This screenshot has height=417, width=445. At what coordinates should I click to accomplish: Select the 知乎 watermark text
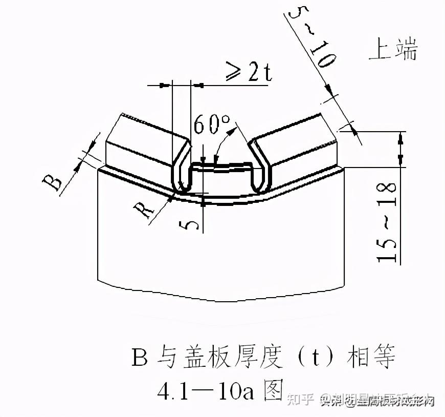pyautogui.click(x=300, y=401)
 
